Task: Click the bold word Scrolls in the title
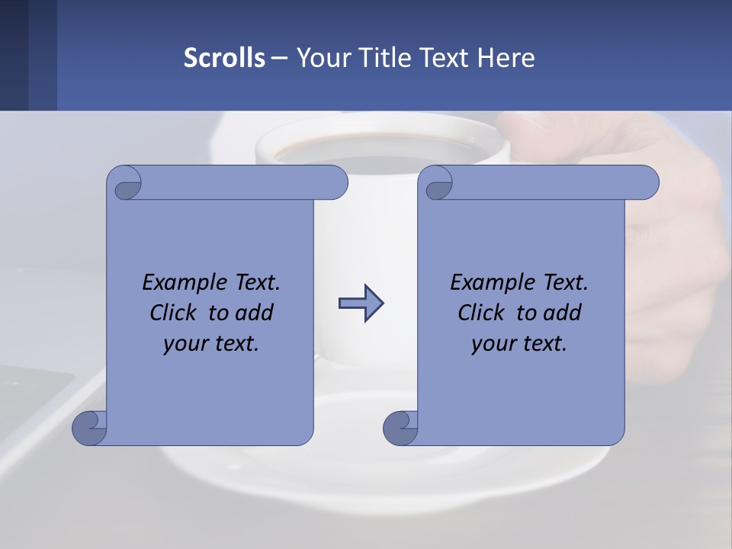(x=225, y=58)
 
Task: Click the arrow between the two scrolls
(x=361, y=303)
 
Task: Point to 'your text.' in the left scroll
(x=211, y=344)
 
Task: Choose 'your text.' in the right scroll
(x=519, y=344)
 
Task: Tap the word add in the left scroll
(x=254, y=313)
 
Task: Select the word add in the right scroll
(x=562, y=313)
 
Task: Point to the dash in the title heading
(x=280, y=58)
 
